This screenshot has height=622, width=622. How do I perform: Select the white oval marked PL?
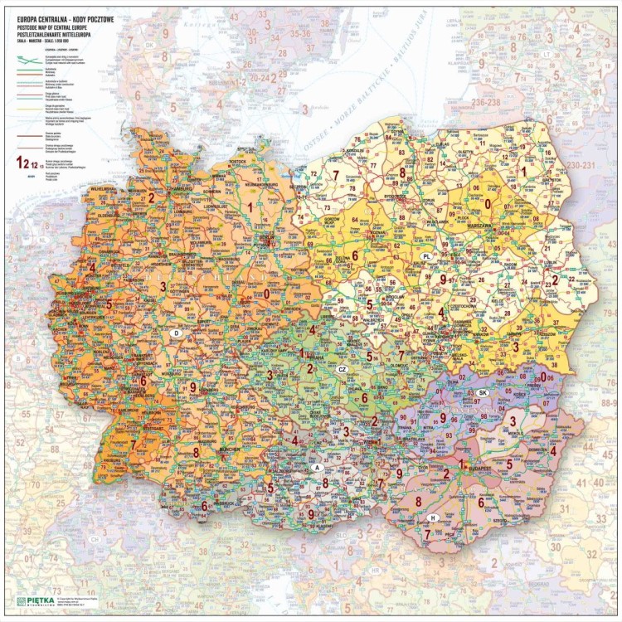(x=426, y=256)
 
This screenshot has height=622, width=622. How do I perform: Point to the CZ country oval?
(x=342, y=369)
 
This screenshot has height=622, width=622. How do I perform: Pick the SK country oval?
(x=483, y=392)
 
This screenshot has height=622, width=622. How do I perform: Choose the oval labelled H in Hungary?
(x=432, y=518)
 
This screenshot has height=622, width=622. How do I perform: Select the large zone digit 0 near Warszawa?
(x=488, y=203)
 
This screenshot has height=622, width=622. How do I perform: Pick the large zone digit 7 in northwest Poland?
(x=336, y=174)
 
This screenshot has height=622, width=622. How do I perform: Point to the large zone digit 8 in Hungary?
(x=418, y=501)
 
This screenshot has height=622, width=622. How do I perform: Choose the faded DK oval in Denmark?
(x=151, y=46)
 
